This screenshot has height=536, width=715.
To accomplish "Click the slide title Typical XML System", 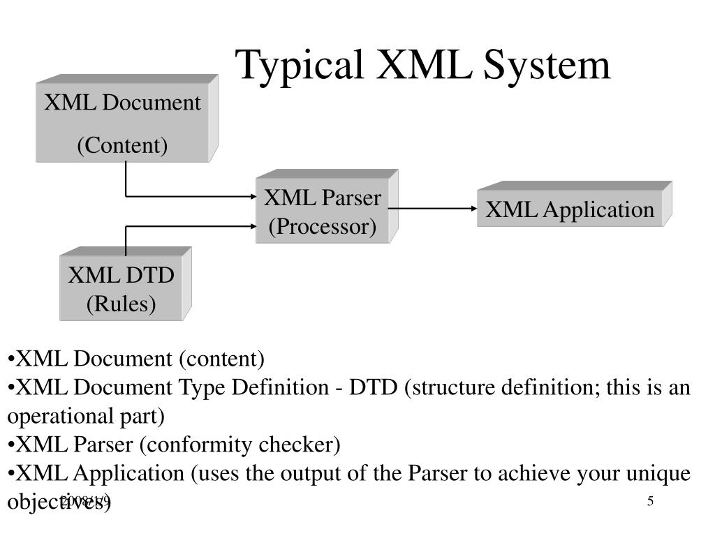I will coord(422,65).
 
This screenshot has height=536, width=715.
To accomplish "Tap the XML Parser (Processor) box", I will coord(322,212).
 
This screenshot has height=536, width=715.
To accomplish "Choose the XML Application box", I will coord(570,209).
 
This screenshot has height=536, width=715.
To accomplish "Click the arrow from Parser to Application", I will coord(437,208).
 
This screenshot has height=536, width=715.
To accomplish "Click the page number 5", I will coord(650,501).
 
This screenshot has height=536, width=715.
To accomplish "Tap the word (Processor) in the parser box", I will coord(322,227).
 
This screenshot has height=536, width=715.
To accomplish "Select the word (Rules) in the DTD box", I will coord(121,304).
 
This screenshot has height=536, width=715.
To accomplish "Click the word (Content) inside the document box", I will coord(122,146).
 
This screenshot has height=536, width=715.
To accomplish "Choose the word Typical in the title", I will coord(299,65).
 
